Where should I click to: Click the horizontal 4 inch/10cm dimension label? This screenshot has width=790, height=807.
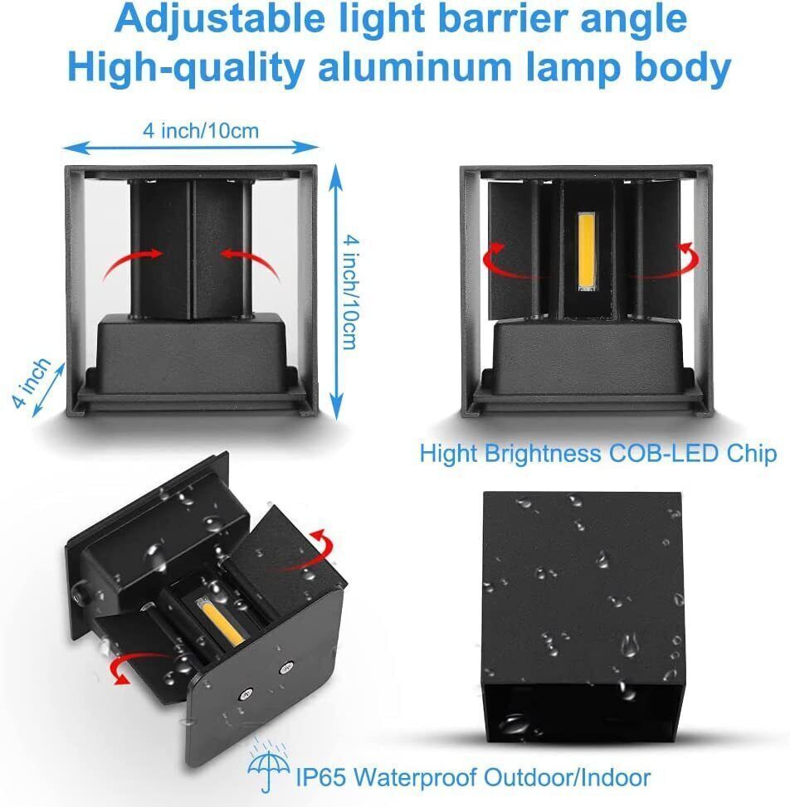[x=201, y=130]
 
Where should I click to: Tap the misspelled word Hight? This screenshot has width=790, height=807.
[x=448, y=454]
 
